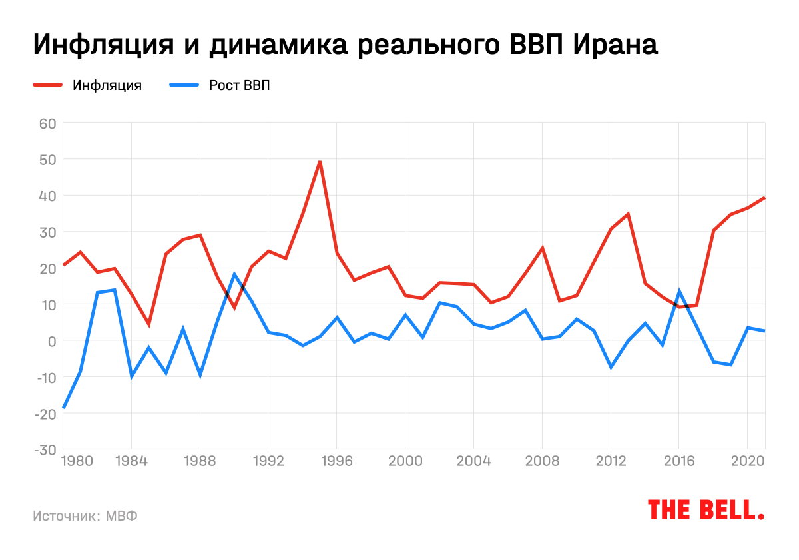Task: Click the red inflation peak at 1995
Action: [320, 162]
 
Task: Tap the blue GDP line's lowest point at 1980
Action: [64, 407]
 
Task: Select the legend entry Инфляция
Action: [107, 85]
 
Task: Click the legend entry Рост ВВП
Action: [239, 85]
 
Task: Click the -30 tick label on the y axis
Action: [45, 449]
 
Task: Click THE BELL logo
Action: [706, 510]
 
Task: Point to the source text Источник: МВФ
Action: [85, 516]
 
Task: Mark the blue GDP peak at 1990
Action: [234, 274]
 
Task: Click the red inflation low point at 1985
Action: [149, 324]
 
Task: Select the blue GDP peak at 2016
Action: [679, 291]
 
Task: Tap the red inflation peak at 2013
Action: [628, 214]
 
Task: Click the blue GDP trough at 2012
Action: [611, 367]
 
